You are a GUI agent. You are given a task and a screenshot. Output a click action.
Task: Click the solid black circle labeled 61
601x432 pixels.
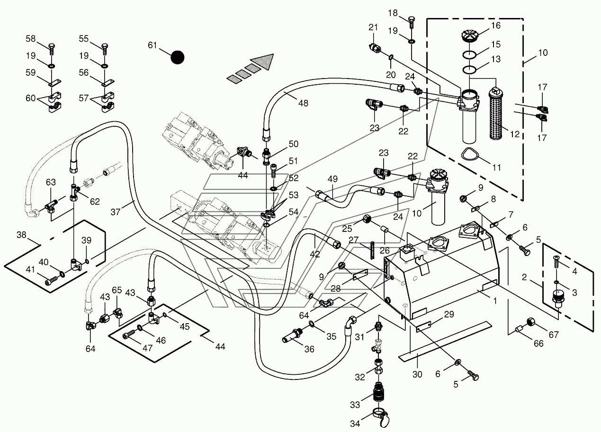178,57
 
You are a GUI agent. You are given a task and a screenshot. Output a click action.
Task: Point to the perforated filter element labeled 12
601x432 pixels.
496,114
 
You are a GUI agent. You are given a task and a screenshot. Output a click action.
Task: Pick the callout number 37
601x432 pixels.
116,212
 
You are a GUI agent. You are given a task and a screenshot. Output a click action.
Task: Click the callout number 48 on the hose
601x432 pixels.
303,103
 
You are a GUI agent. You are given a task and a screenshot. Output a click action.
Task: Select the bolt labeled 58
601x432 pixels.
52,49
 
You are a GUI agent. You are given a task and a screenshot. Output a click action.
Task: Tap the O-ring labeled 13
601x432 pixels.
469,70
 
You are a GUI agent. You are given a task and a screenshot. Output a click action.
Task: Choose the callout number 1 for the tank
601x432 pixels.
495,300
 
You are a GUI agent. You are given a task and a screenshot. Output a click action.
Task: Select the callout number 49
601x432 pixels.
332,179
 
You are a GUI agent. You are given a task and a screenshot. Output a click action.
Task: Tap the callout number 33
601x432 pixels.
355,405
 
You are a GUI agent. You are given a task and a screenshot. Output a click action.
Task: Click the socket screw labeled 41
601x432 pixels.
51,282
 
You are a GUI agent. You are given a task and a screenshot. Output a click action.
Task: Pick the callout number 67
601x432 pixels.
554,335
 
